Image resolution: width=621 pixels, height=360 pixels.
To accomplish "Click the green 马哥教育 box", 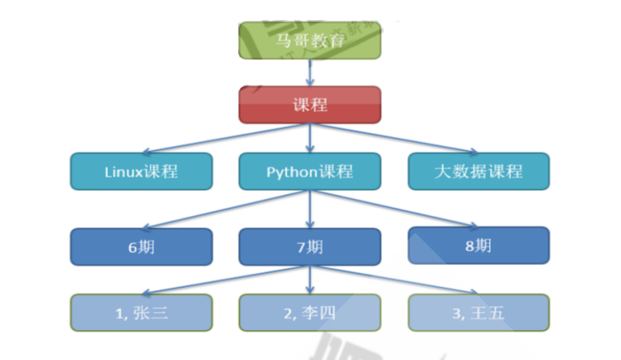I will [x=310, y=40].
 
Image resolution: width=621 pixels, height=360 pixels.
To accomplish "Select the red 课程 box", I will [x=310, y=105].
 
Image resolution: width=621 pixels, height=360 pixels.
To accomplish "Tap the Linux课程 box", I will [x=141, y=172].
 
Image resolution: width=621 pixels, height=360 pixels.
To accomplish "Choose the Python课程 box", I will [x=310, y=172].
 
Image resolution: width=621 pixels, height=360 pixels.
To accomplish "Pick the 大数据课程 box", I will [x=478, y=172].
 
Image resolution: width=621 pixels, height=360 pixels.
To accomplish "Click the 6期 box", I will [x=141, y=246].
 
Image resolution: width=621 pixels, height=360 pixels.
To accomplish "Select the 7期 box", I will [x=310, y=246].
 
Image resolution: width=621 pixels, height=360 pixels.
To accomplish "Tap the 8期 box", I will [x=478, y=245].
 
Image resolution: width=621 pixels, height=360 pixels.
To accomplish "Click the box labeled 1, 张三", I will [x=141, y=313].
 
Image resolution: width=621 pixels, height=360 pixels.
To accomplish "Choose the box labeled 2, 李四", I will [x=310, y=313].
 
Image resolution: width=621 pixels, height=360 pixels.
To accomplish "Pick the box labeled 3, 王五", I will [x=478, y=313].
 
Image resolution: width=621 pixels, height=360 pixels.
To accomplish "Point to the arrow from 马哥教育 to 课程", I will [x=310, y=72].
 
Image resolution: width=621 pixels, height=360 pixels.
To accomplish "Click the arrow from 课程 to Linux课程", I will [x=224, y=139].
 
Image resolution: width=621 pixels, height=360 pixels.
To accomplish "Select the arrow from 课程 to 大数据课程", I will [x=396, y=139].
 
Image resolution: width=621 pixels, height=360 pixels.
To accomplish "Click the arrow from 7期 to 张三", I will [x=224, y=279].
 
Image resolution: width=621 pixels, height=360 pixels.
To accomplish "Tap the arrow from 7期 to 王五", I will [x=396, y=279].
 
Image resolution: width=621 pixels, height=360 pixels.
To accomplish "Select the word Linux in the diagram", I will [x=124, y=172].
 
